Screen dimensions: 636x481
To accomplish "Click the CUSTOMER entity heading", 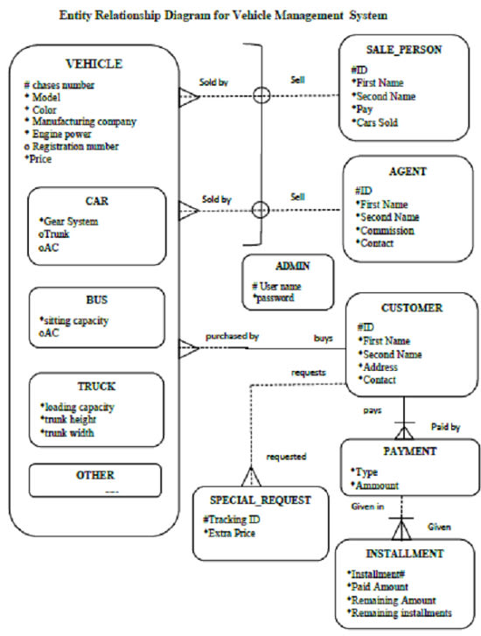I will tap(410, 308).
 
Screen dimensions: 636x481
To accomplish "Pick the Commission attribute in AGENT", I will tap(388, 230).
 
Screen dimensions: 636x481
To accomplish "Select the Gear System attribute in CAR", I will tap(71, 222).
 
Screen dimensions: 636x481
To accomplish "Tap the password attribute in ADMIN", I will tap(277, 298).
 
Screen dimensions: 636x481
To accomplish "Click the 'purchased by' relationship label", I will tap(233, 336).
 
